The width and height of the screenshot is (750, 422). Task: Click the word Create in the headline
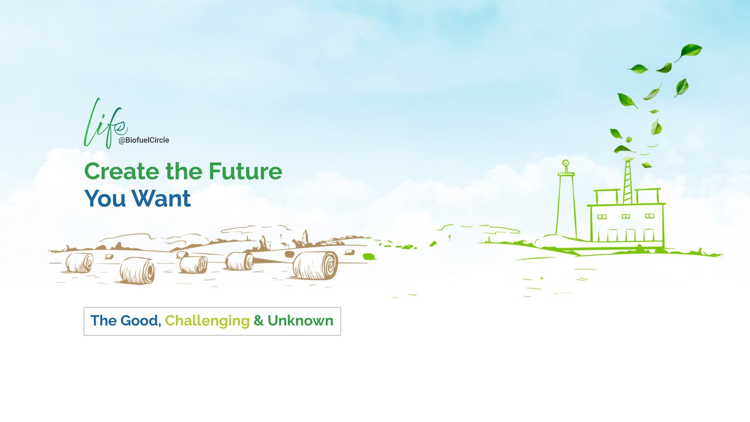coord(121,171)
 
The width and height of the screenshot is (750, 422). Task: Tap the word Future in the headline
coord(246,171)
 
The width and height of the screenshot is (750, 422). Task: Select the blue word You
coord(105,198)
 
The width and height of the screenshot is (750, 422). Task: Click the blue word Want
coord(161,198)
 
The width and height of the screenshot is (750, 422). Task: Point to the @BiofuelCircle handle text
coord(143,140)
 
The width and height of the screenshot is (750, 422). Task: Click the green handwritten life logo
coord(105,123)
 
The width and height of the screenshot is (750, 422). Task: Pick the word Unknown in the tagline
coord(300,321)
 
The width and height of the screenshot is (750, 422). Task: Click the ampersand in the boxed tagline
coord(258,321)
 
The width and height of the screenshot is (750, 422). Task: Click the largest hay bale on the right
coord(315,266)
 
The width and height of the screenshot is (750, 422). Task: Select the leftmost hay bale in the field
coord(79,262)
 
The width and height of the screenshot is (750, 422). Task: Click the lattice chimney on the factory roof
coord(628,183)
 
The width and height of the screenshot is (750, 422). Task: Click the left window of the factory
coord(602,216)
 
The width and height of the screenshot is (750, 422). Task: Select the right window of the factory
coord(649,216)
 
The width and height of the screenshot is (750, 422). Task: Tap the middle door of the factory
coord(630,235)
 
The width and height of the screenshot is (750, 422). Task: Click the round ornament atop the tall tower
coord(565,163)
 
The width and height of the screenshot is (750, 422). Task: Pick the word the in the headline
coord(184,171)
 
